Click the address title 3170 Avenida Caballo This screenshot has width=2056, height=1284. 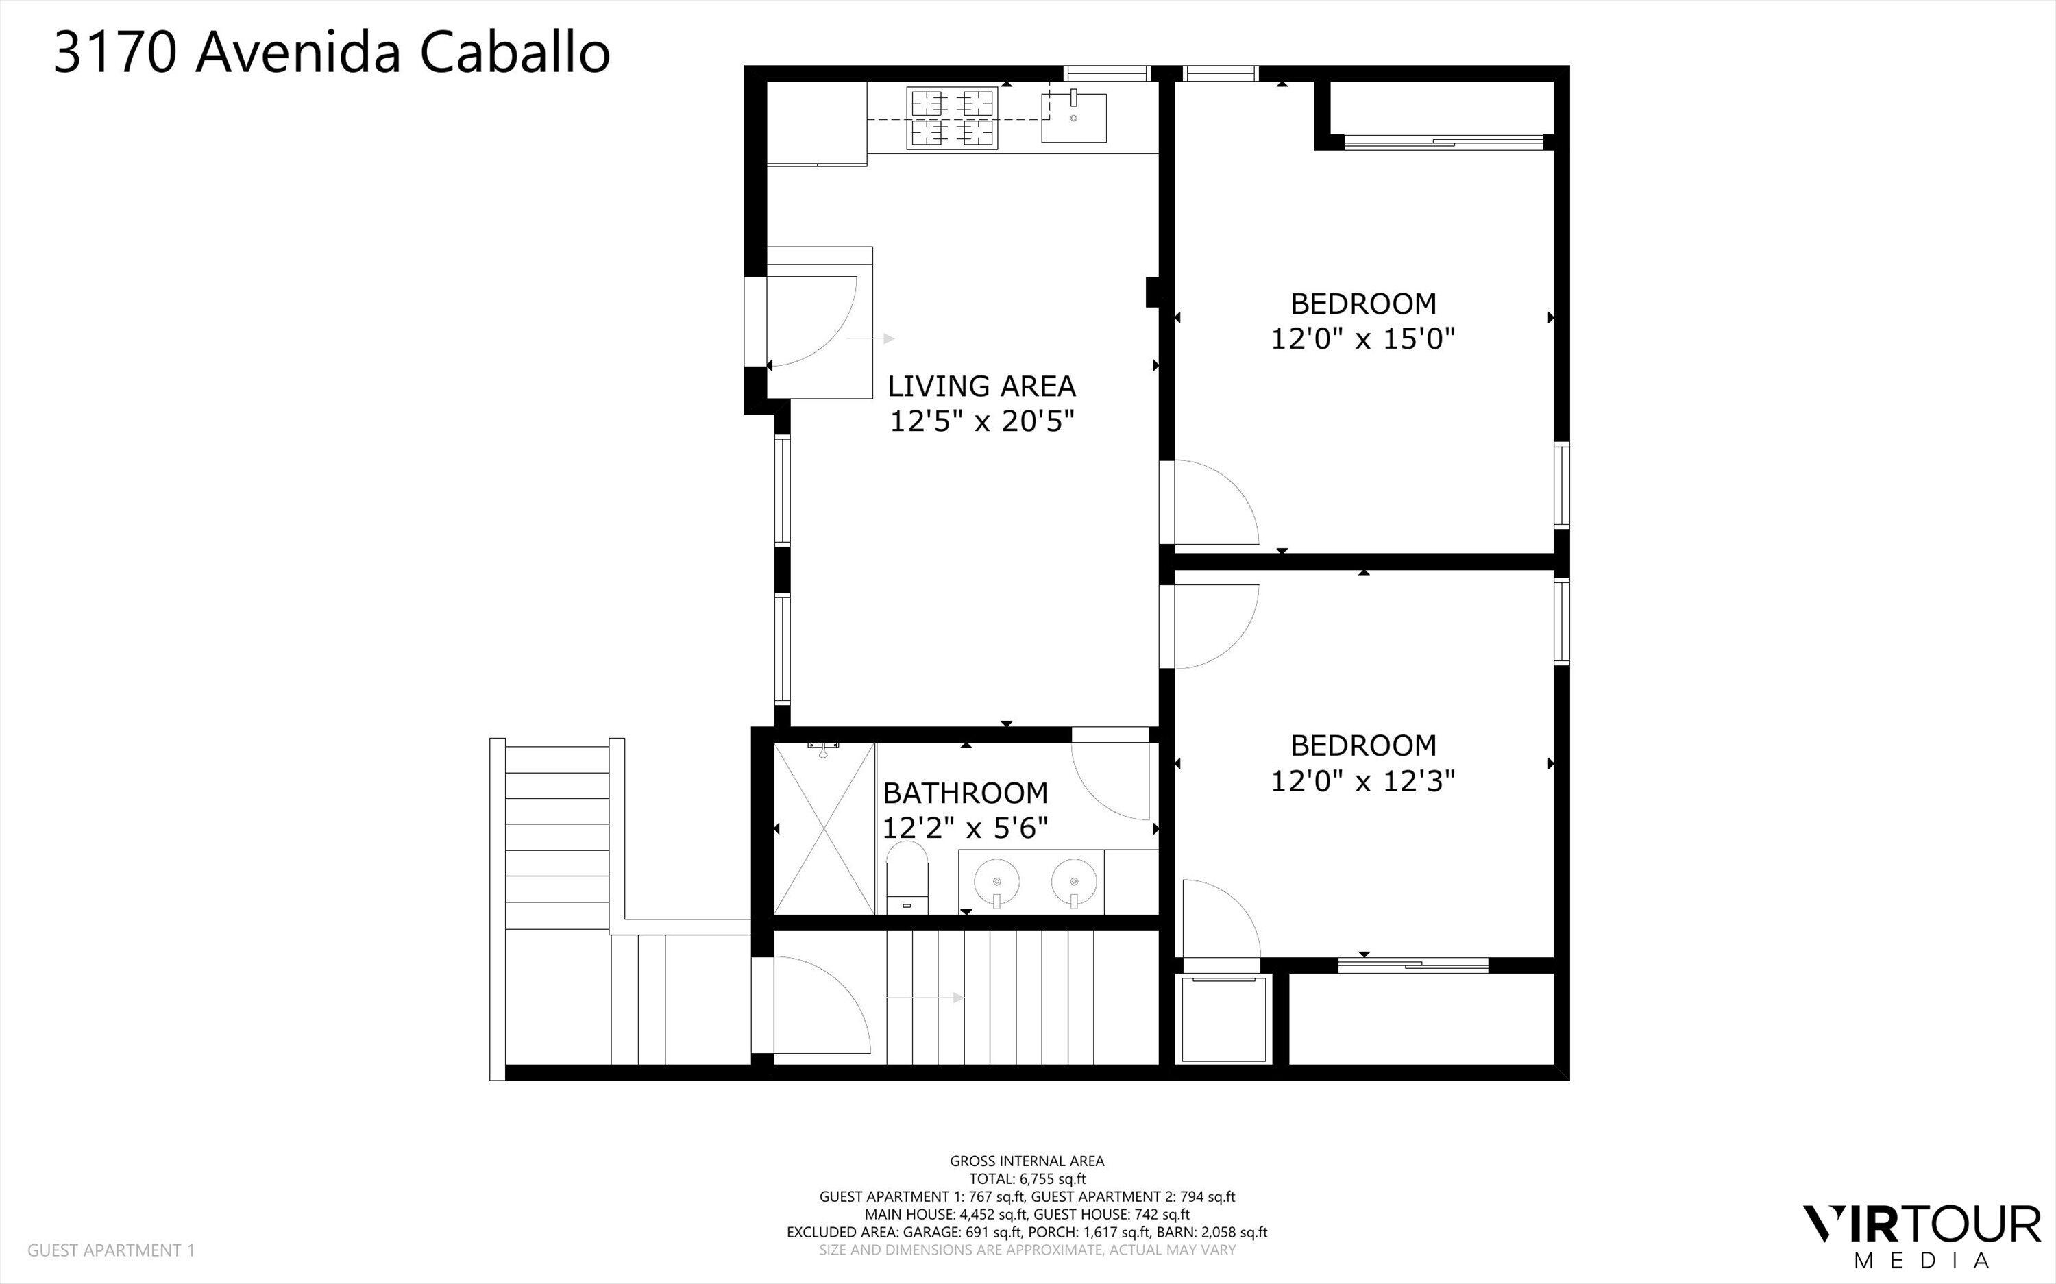click(x=331, y=53)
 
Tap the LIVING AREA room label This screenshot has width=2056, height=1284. click(x=981, y=386)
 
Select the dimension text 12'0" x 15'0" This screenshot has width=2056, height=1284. click(x=1362, y=340)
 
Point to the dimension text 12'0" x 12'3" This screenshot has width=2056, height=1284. click(x=1362, y=781)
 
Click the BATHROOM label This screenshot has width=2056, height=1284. click(x=965, y=793)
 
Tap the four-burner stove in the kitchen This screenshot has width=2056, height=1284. click(x=951, y=118)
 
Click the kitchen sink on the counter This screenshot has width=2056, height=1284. click(x=1075, y=118)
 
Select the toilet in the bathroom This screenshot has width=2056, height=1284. click(x=907, y=879)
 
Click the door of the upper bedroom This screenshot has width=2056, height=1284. click(x=1210, y=503)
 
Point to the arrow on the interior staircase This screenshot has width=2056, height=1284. click(x=926, y=998)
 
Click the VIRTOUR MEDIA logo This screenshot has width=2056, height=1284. click(x=1921, y=1233)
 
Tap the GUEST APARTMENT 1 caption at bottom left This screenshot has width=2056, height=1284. click(x=111, y=1250)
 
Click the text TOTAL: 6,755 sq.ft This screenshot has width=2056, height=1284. click(x=1027, y=1178)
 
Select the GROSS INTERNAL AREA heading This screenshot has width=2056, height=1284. click(x=1027, y=1161)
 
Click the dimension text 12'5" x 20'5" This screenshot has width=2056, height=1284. click(x=981, y=421)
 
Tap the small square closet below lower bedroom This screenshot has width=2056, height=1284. click(x=1223, y=1019)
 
